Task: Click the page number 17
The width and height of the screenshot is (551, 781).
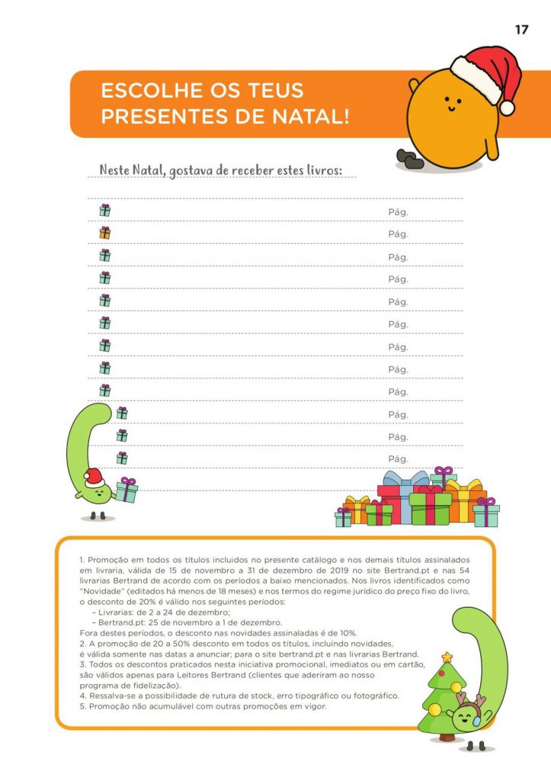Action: (x=522, y=30)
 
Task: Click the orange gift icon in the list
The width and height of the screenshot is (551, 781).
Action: (x=104, y=233)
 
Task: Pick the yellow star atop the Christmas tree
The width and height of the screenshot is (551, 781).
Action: (x=447, y=656)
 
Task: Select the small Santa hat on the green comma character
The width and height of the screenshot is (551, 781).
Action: (x=93, y=477)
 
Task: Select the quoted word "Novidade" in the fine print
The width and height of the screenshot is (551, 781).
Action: (x=102, y=590)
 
